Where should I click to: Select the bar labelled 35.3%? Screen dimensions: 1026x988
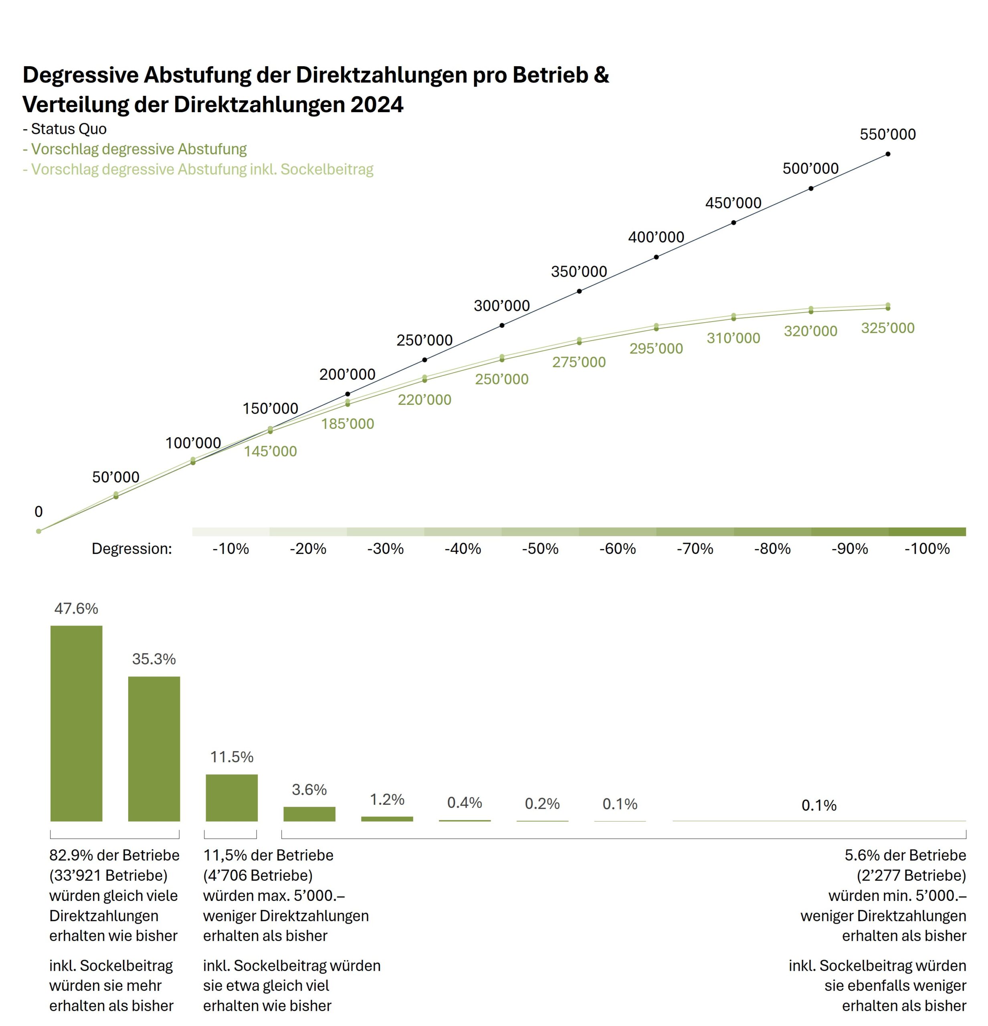coord(154,749)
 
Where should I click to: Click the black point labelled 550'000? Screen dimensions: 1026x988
coord(887,154)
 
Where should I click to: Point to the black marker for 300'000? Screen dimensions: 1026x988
coord(501,325)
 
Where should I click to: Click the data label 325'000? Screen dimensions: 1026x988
coord(887,328)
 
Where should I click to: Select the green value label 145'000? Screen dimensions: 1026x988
coord(270,451)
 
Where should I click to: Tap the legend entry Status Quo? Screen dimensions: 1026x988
coord(69,129)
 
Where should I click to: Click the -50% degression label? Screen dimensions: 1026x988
coord(540,549)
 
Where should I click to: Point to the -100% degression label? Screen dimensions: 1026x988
coord(927,549)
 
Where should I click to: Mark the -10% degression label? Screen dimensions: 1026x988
coord(230,549)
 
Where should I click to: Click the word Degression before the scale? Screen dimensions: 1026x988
coord(131,549)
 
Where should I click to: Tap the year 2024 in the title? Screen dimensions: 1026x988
coord(377,105)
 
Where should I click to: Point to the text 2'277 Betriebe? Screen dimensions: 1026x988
coord(911,875)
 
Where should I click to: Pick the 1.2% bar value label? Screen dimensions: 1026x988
coord(387,799)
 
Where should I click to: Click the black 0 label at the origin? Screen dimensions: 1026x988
coord(38,511)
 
